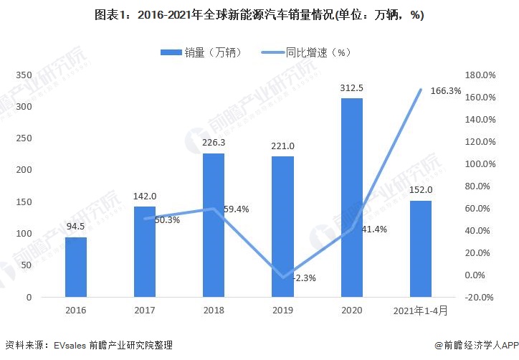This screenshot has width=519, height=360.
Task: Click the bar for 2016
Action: pyautogui.click(x=76, y=267)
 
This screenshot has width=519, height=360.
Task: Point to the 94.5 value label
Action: pyautogui.click(x=76, y=227)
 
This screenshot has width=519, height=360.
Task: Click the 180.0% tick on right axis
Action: pyautogui.click(x=481, y=75)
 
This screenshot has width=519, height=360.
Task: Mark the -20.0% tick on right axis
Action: pyautogui.click(x=481, y=297)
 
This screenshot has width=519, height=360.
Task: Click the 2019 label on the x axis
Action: pyautogui.click(x=282, y=311)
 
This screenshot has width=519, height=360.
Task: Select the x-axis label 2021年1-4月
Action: pyautogui.click(x=420, y=311)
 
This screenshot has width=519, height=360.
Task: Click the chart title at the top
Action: pyautogui.click(x=259, y=15)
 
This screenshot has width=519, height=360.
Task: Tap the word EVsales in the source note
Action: pyautogui.click(x=70, y=345)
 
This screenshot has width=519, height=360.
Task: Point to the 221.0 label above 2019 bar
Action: pyautogui.click(x=282, y=146)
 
